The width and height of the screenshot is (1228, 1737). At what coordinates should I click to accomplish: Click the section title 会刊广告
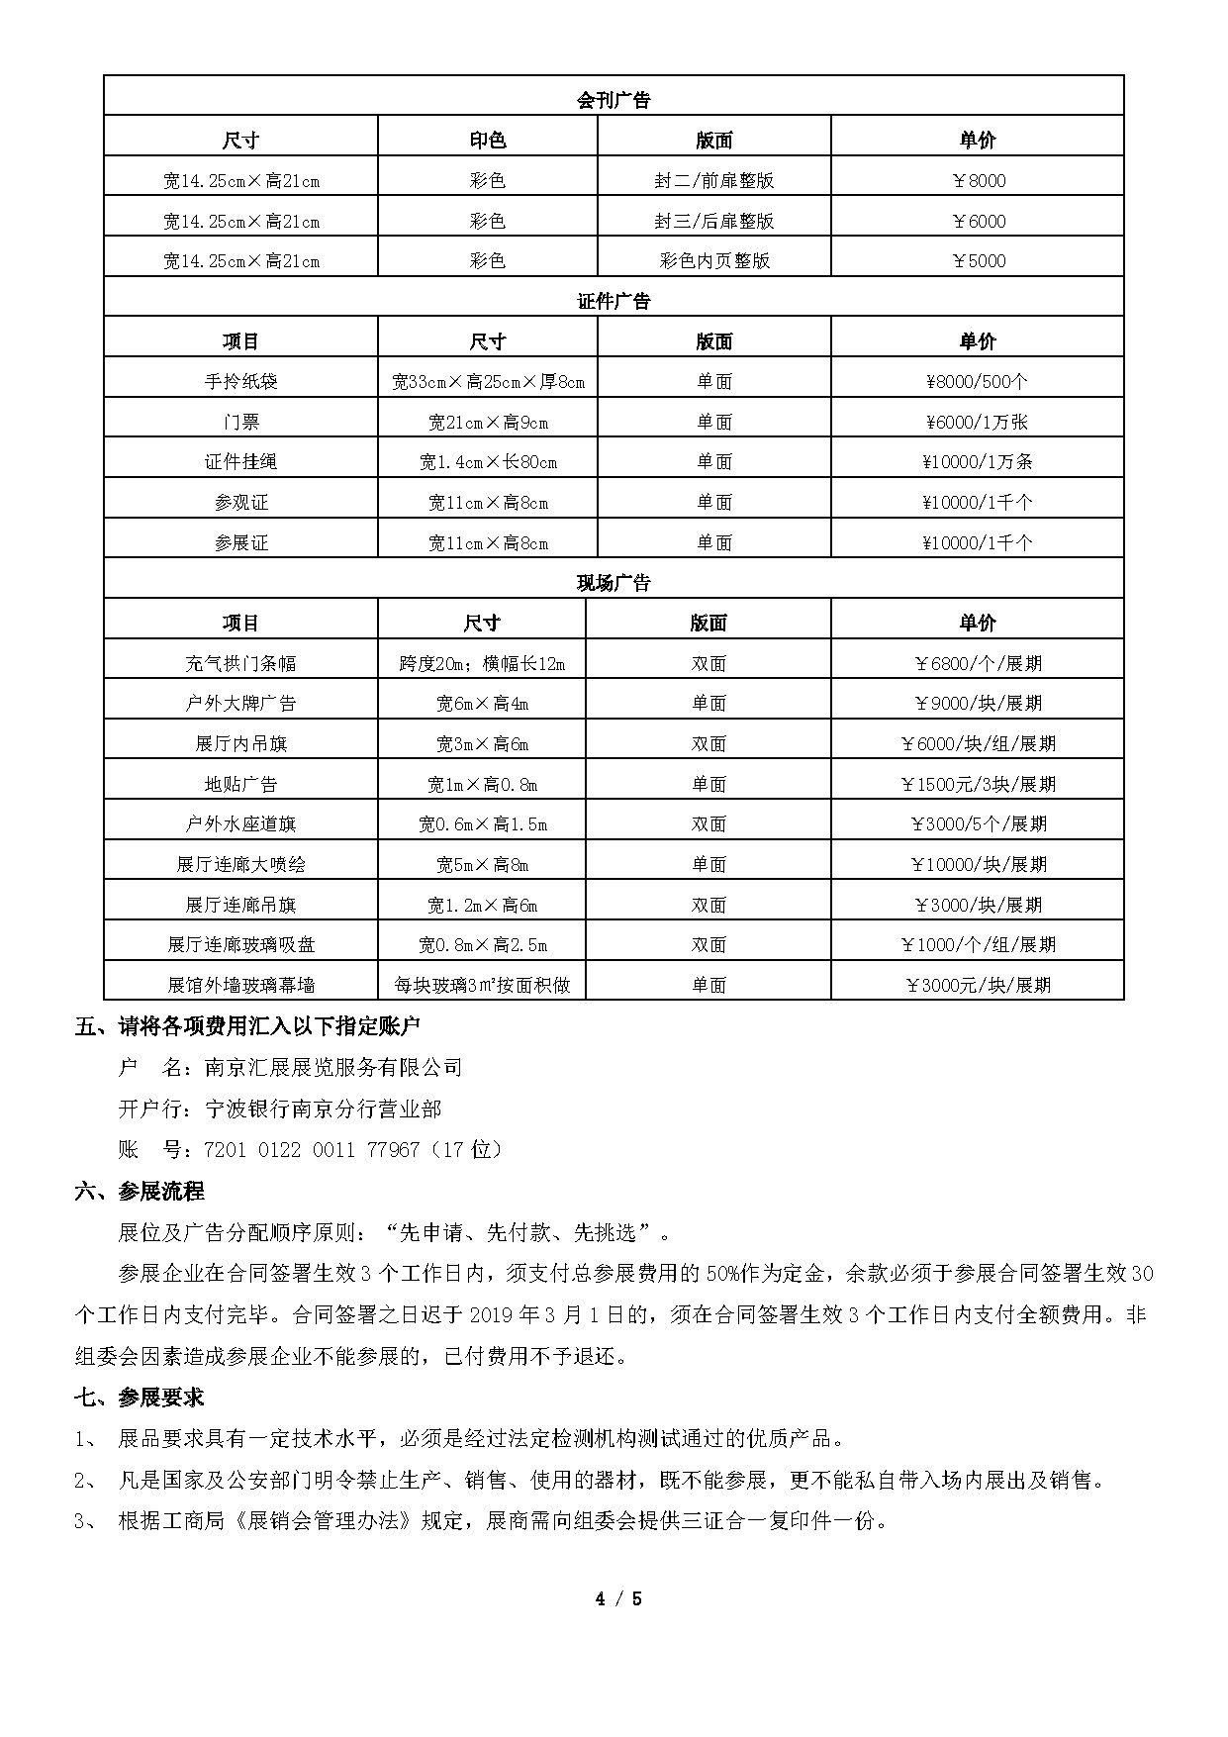(x=614, y=100)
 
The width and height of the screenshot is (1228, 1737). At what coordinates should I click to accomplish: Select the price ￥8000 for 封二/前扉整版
(x=977, y=180)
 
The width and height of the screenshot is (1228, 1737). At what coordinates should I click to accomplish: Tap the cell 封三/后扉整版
(x=713, y=221)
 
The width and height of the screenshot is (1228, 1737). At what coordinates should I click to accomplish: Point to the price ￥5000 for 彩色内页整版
(x=977, y=261)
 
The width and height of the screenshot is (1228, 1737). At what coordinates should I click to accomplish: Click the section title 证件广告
(x=614, y=301)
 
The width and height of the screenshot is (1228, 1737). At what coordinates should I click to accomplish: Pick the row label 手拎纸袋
(x=240, y=381)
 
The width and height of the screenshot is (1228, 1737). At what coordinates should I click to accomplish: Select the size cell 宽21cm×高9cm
(x=488, y=423)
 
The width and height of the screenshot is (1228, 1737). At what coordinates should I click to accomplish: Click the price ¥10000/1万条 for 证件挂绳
(x=977, y=462)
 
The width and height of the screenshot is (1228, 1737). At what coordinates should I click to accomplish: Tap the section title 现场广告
(x=614, y=583)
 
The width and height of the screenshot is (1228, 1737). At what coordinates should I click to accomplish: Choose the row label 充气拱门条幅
(x=240, y=663)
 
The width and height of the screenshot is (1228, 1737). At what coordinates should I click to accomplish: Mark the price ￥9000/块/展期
(x=977, y=704)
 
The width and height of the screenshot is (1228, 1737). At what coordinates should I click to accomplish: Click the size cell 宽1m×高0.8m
(x=482, y=785)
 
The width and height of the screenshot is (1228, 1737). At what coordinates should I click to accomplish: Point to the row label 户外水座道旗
(x=240, y=824)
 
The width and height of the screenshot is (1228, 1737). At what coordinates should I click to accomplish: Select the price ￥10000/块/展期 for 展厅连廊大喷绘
(x=977, y=865)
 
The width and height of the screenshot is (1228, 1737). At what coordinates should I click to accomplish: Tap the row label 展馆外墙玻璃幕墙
(x=240, y=986)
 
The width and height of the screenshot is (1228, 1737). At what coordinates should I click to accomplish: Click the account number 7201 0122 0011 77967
(x=311, y=1150)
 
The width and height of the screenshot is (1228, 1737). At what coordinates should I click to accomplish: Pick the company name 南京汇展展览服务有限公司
(x=333, y=1067)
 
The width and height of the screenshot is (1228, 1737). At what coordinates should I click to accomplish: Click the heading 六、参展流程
(x=140, y=1191)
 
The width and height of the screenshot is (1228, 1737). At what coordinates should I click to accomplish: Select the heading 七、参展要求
(x=140, y=1397)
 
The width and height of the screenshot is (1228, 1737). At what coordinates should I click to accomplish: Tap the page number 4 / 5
(x=618, y=1598)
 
